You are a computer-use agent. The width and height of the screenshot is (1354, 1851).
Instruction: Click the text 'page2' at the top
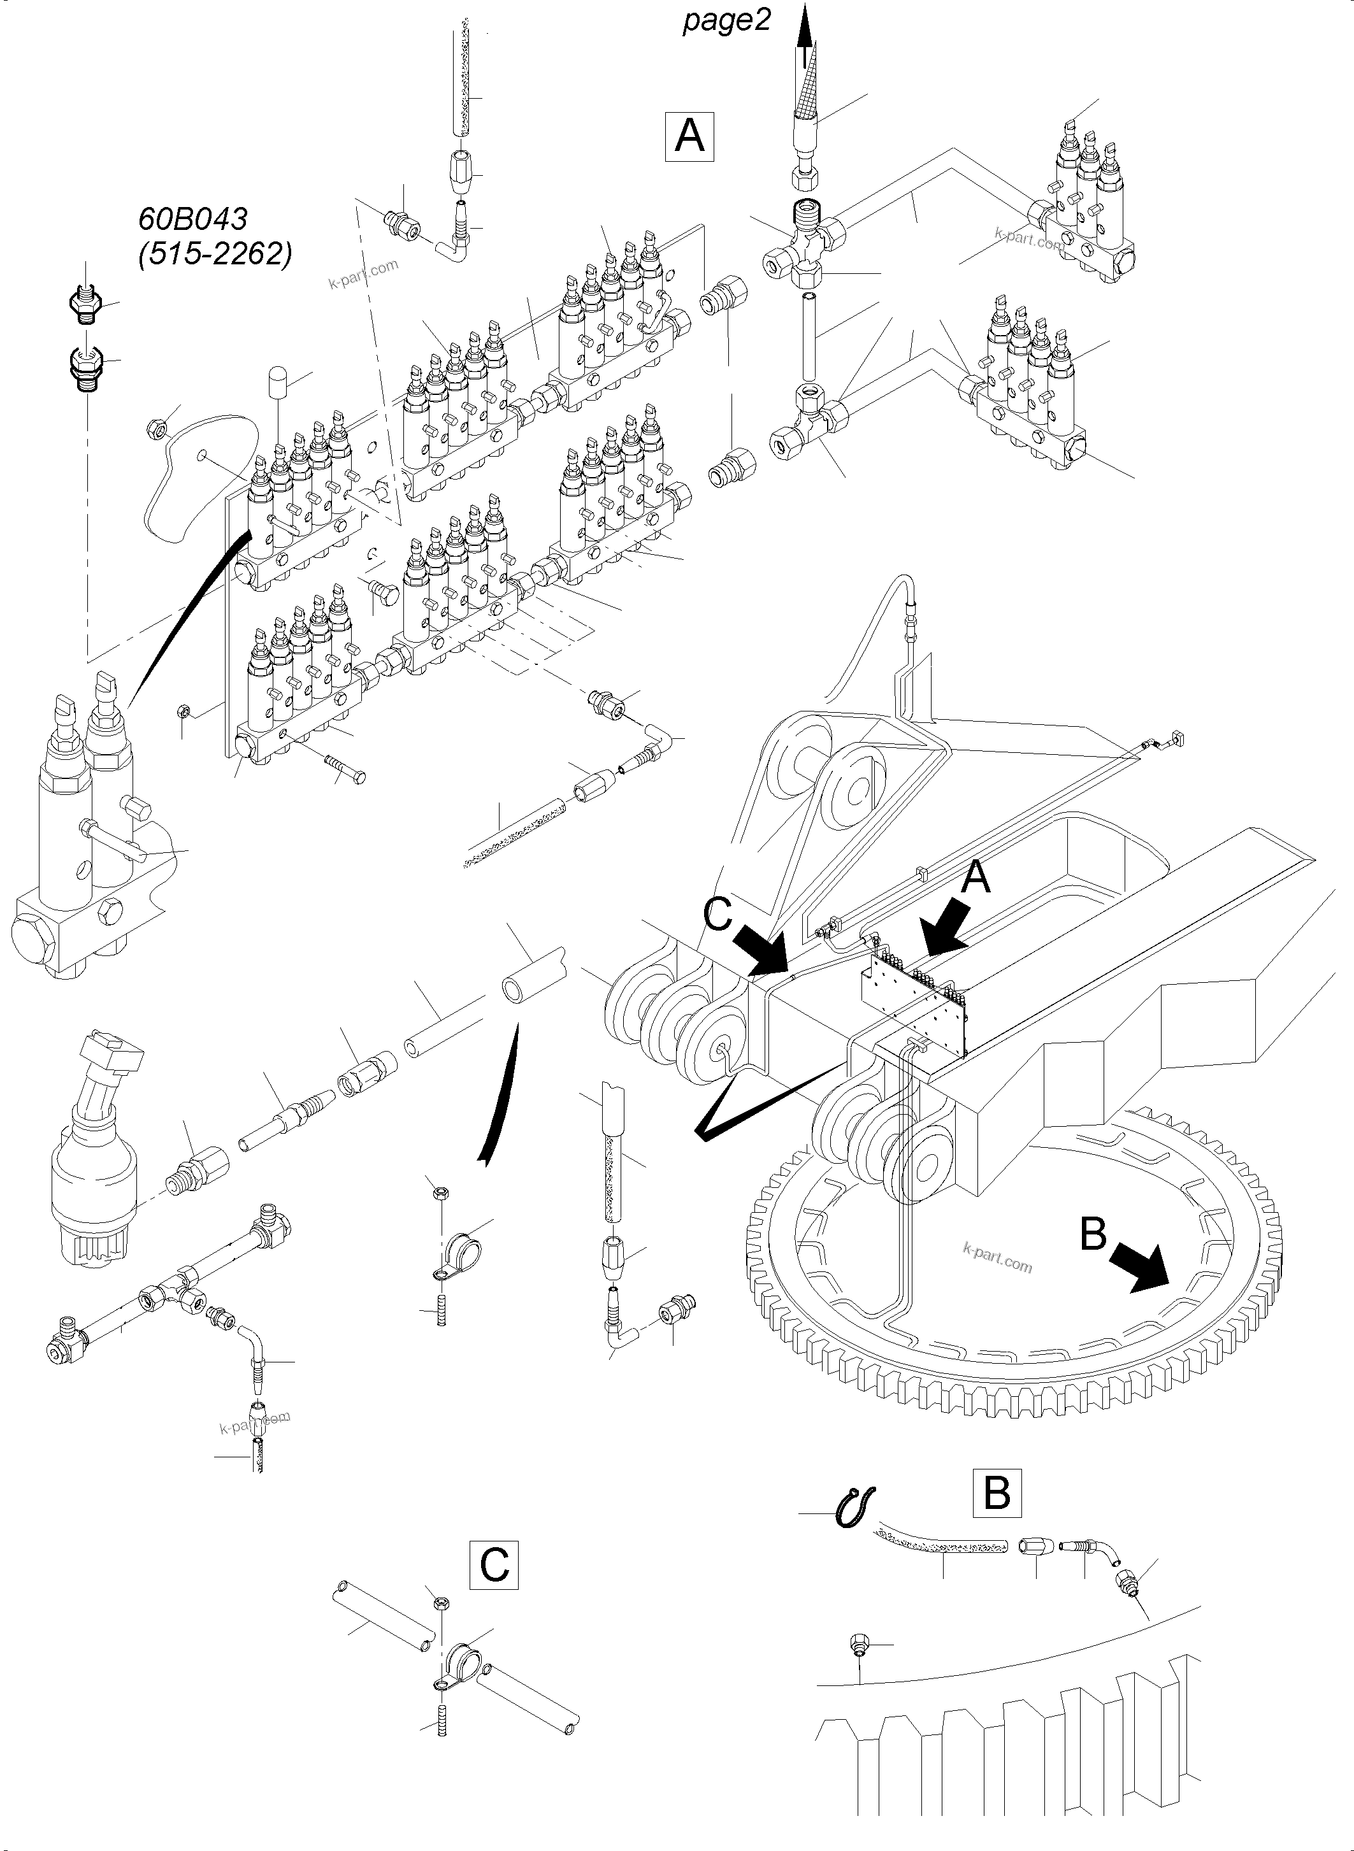726,20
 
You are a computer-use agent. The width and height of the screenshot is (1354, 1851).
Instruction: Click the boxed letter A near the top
689,136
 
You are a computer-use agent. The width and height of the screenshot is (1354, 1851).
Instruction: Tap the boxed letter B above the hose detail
997,1492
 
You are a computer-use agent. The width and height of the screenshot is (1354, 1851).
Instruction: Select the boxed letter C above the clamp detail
494,1565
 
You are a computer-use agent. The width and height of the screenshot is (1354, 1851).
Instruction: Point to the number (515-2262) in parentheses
215,255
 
